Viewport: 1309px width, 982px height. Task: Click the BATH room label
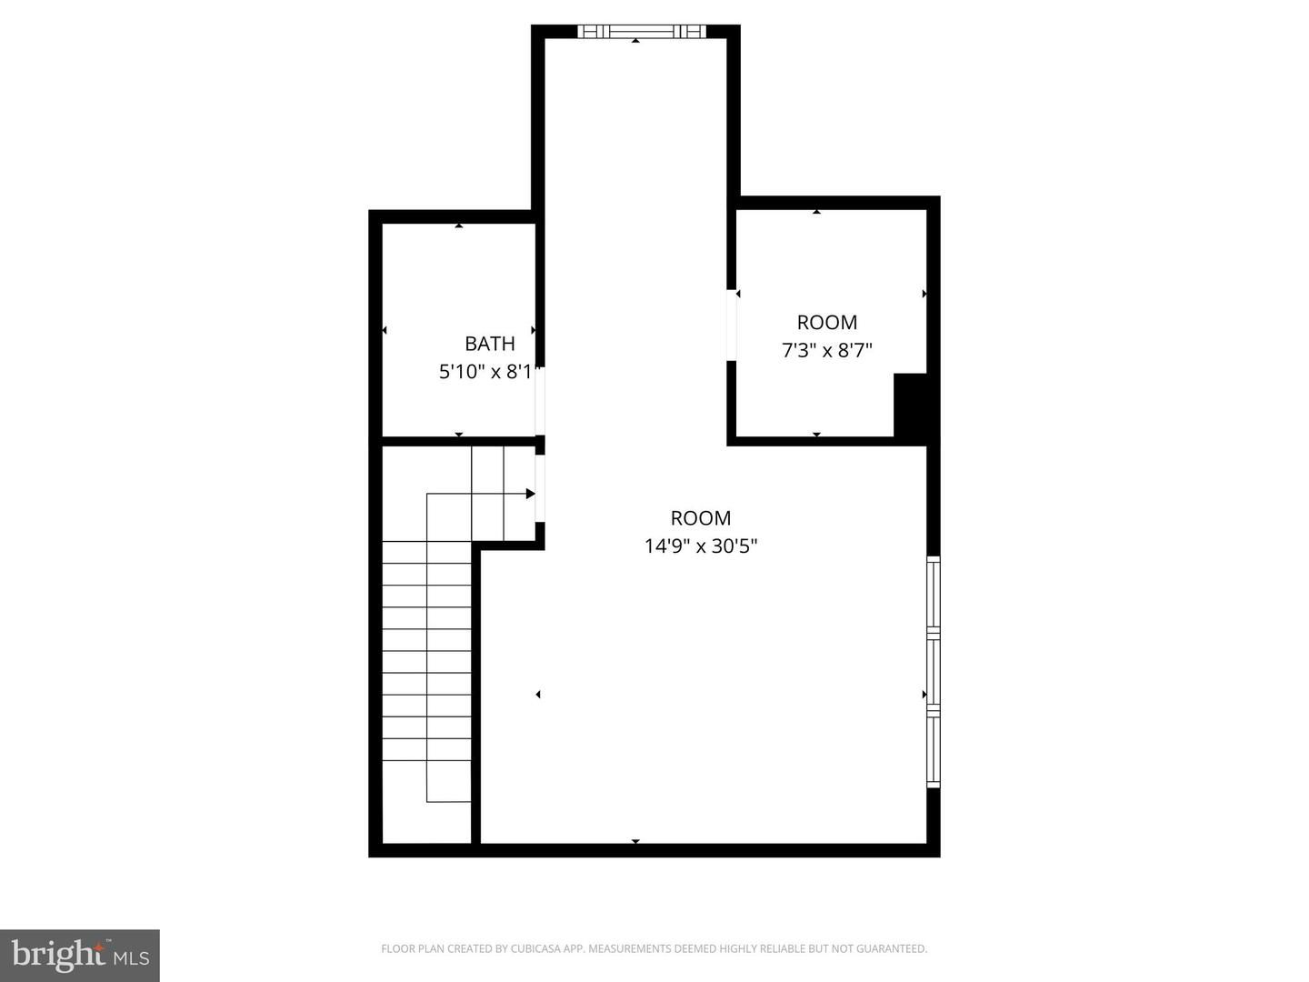tap(490, 344)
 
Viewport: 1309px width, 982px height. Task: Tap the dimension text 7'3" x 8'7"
tap(826, 350)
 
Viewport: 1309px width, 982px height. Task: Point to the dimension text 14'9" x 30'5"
tap(701, 546)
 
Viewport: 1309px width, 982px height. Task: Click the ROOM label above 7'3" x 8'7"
tap(827, 322)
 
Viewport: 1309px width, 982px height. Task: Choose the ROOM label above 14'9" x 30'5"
tap(701, 518)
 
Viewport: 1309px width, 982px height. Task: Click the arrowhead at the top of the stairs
tap(530, 494)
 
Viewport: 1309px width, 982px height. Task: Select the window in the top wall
tap(642, 32)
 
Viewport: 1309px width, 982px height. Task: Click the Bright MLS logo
tap(80, 955)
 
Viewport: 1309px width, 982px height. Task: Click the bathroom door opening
tap(540, 401)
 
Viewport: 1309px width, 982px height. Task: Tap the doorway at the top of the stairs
tap(540, 488)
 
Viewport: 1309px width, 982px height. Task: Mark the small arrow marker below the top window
tap(635, 41)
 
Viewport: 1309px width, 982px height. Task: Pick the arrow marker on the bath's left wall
tap(385, 330)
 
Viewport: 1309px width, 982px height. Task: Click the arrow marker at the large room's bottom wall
tap(635, 841)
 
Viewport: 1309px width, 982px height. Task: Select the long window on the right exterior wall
tap(934, 672)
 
